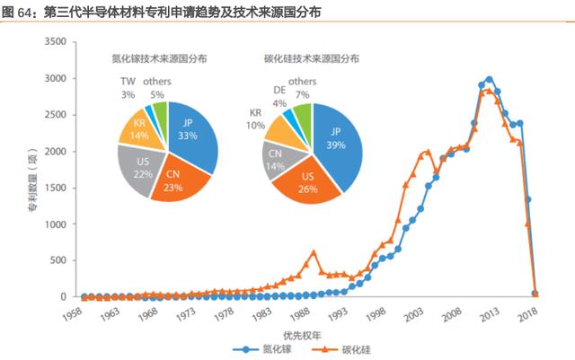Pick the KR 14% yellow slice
[139, 129]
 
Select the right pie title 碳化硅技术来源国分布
[310, 58]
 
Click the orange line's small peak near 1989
[313, 252]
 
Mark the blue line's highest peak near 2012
[489, 80]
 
